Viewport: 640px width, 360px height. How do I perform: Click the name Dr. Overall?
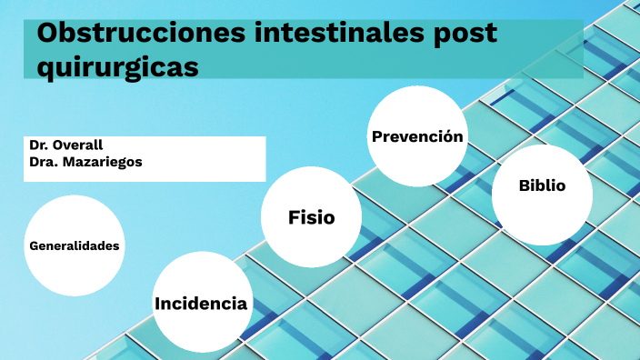click(65, 145)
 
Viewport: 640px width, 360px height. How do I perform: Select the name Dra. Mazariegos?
click(85, 162)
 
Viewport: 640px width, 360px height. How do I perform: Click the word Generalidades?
click(75, 245)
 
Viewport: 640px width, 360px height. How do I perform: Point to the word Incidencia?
click(201, 304)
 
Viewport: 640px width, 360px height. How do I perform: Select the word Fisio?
click(311, 217)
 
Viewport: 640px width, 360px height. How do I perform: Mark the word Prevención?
click(417, 136)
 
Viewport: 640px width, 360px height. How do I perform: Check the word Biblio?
click(542, 185)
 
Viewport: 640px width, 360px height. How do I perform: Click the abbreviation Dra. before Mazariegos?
click(42, 162)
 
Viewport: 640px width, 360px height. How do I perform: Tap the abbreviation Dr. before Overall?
click(39, 145)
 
